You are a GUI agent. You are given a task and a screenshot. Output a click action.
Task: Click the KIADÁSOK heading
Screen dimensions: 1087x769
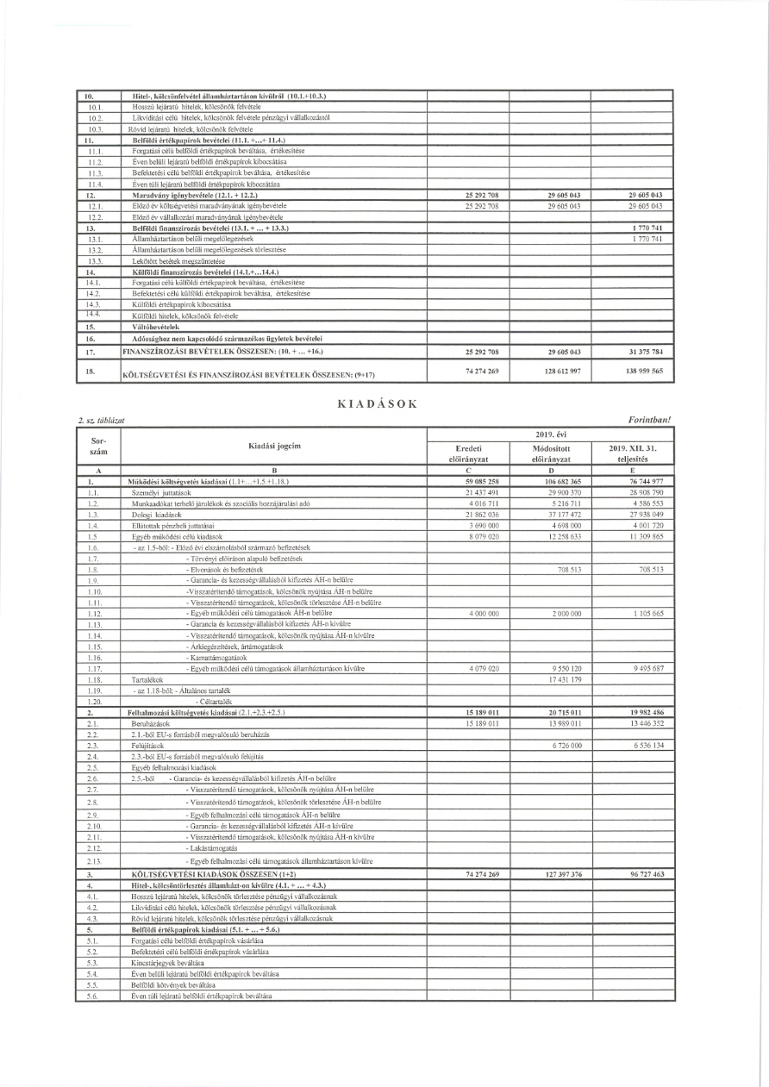pyautogui.click(x=384, y=403)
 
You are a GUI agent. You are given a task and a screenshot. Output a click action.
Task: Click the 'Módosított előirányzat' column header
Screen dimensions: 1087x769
pyautogui.click(x=551, y=453)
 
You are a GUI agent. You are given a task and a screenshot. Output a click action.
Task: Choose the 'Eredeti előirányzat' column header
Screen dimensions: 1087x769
pyautogui.click(x=471, y=453)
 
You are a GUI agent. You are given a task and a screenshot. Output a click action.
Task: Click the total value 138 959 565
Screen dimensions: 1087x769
pyautogui.click(x=633, y=369)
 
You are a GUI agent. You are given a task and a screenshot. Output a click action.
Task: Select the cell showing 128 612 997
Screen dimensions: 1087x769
pyautogui.click(x=551, y=369)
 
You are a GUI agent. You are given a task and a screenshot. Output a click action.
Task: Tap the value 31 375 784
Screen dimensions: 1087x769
pyautogui.click(x=633, y=352)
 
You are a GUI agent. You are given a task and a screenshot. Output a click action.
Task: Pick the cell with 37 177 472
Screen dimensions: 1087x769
pyautogui.click(x=555, y=514)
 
